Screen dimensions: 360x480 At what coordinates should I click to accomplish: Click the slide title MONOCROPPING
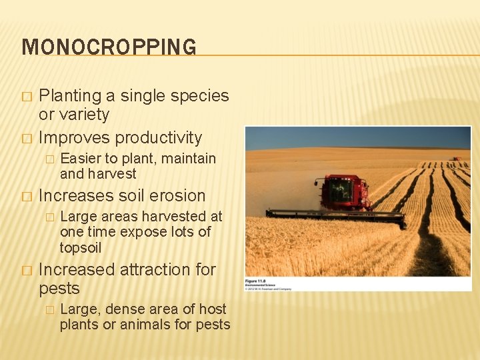tap(109, 47)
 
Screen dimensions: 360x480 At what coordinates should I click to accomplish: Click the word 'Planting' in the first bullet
tap(69, 96)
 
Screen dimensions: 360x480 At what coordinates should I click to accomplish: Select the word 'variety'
tap(84, 115)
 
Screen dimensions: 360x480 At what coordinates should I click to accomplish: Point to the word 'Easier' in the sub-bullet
tap(80, 159)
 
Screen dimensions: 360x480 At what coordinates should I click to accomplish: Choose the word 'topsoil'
tap(81, 248)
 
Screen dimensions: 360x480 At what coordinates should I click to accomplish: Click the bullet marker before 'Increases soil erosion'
tap(27, 197)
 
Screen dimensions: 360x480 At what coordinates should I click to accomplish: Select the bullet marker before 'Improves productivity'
tap(27, 139)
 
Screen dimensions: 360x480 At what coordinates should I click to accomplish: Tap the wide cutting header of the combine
tap(333, 215)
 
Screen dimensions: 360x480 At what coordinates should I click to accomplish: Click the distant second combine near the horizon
tap(457, 159)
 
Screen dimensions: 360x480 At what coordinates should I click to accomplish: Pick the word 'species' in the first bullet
tap(199, 96)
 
